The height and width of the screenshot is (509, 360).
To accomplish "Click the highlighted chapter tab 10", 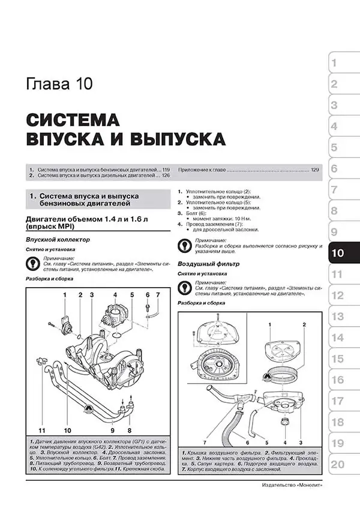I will click(337, 253).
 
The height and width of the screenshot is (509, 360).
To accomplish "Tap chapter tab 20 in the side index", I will click(337, 464).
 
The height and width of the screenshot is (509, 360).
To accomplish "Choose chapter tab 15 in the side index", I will click(337, 359).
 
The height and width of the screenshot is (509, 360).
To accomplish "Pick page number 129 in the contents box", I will click(315, 170).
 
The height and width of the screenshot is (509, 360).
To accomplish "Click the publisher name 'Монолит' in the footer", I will click(305, 485).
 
